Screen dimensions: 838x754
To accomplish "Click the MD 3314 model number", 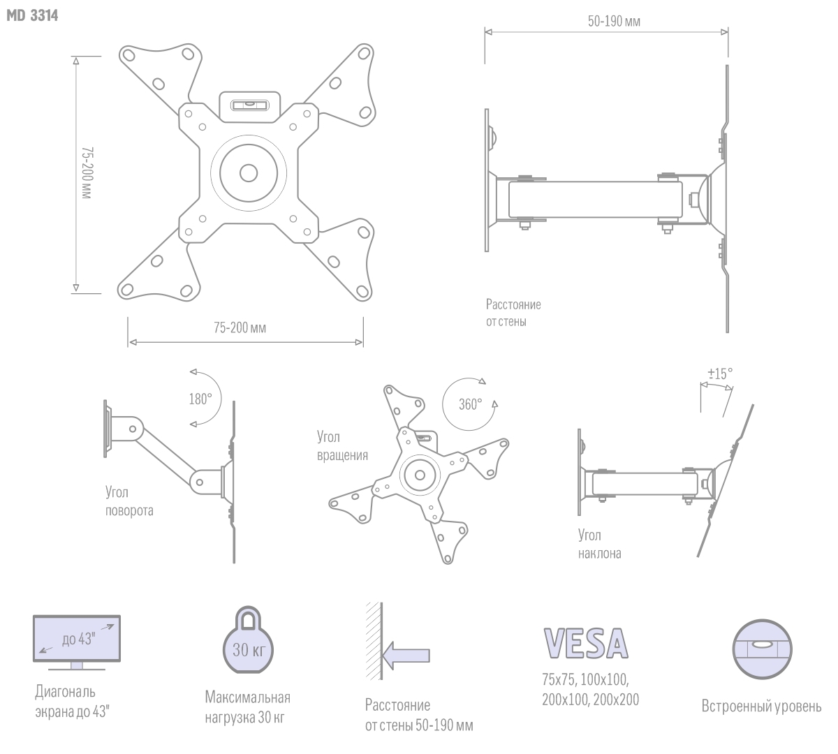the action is pyautogui.click(x=32, y=15).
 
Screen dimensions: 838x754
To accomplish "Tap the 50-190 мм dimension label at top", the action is pyautogui.click(x=614, y=22).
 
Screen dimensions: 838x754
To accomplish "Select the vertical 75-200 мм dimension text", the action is pyautogui.click(x=87, y=172).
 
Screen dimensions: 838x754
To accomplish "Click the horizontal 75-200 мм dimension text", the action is pyautogui.click(x=240, y=328).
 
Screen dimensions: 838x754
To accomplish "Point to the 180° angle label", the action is pyautogui.click(x=200, y=399).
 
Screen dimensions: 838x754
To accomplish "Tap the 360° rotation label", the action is pyautogui.click(x=470, y=404).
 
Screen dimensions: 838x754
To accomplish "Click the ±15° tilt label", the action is pyautogui.click(x=720, y=374).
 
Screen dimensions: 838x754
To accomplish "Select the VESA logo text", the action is pyautogui.click(x=586, y=643).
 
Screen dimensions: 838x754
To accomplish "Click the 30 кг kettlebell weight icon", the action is pyautogui.click(x=248, y=640).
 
